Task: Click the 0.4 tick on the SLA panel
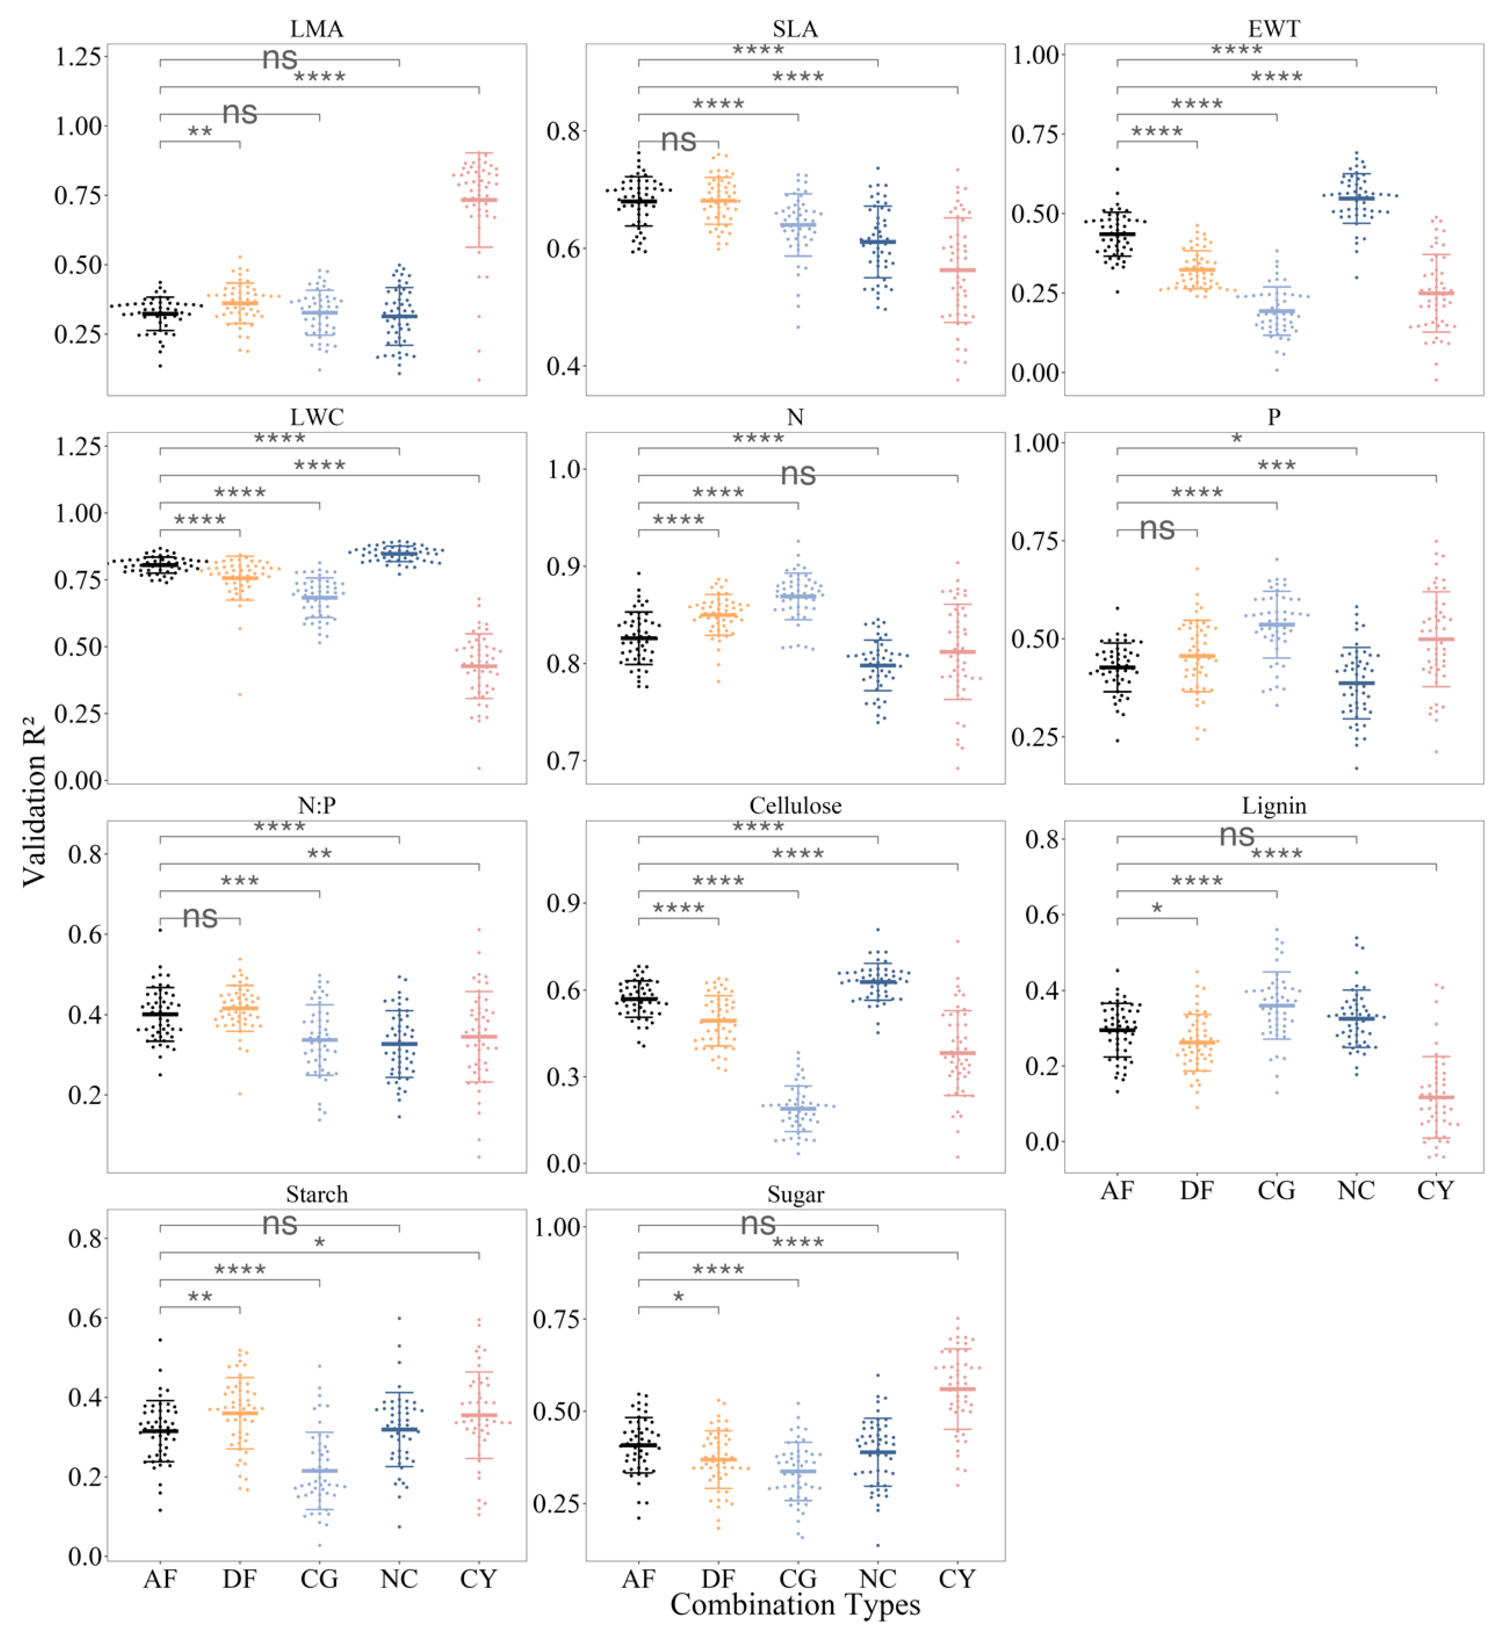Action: point(562,366)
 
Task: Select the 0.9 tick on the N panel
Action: point(562,566)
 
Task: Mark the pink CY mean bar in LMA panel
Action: point(478,200)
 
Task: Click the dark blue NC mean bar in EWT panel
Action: point(1355,198)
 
